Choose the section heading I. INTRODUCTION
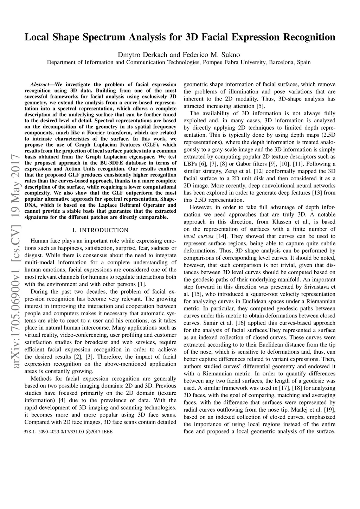pos(100,230)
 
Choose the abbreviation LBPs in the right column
pos(191,164)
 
